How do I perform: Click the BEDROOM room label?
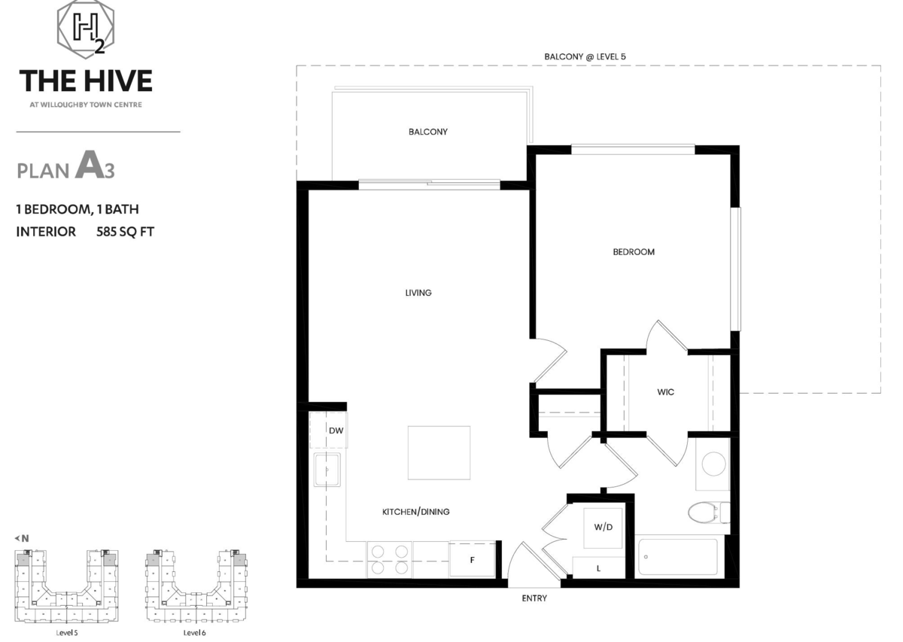pos(634,252)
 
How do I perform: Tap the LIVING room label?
pos(418,293)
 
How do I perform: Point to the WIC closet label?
pos(665,392)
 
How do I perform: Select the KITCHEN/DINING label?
pos(415,512)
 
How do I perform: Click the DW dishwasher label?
pos(336,431)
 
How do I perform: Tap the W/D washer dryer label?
pos(603,527)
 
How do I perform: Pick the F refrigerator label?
pos(472,560)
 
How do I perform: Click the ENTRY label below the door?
pos(534,598)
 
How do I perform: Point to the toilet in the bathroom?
pos(708,513)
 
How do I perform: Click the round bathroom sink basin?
pos(713,464)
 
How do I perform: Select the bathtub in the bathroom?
pos(678,557)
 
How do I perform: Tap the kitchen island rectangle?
pos(439,453)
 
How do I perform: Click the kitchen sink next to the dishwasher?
pos(327,470)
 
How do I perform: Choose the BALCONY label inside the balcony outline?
pos(427,132)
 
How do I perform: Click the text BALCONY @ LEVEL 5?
pos(585,57)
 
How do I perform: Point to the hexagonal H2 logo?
pos(86,29)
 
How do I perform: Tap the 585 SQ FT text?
pos(125,232)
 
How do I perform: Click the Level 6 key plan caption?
pos(194,633)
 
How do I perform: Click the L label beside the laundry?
pos(598,568)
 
